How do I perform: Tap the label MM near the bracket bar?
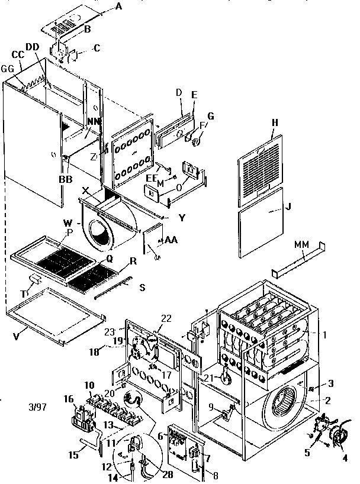pos(301,244)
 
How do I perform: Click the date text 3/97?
pos(37,407)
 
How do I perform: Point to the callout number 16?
pos(69,400)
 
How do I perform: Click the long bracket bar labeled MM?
pos(299,261)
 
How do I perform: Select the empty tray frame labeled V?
pos(56,314)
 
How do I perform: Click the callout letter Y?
pos(182,217)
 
